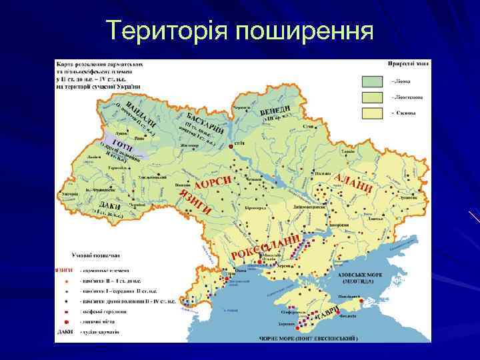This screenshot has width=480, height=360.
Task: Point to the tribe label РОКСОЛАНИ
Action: tap(264, 246)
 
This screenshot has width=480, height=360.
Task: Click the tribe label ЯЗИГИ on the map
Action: tap(195, 202)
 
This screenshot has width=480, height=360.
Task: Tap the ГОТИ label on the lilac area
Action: tap(125, 145)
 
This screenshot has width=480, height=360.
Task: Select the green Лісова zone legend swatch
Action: tap(374, 82)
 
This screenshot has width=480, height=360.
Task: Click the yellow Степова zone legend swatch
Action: tap(374, 113)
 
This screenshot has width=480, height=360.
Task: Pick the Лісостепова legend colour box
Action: tap(374, 97)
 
